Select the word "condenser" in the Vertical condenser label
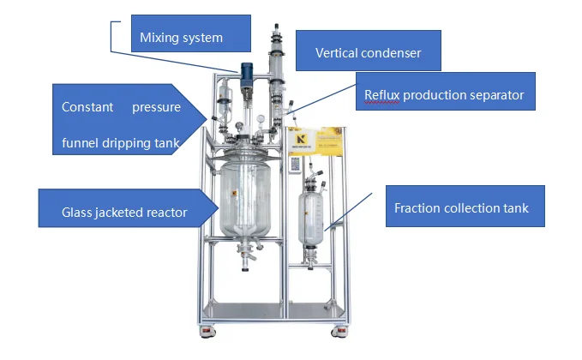[x=391, y=53]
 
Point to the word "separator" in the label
[x=495, y=95]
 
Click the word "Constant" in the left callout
[x=85, y=108]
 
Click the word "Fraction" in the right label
[x=417, y=208]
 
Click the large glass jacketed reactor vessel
[x=246, y=201]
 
